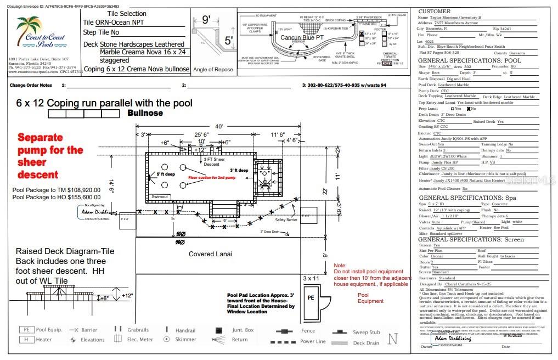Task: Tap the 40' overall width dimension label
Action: pyautogui.click(x=219, y=127)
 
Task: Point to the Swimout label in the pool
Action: pyautogui.click(x=160, y=196)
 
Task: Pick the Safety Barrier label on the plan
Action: pyautogui.click(x=285, y=220)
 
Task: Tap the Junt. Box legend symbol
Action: pyautogui.click(x=219, y=331)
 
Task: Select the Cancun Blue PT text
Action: pyautogui.click(x=300, y=37)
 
